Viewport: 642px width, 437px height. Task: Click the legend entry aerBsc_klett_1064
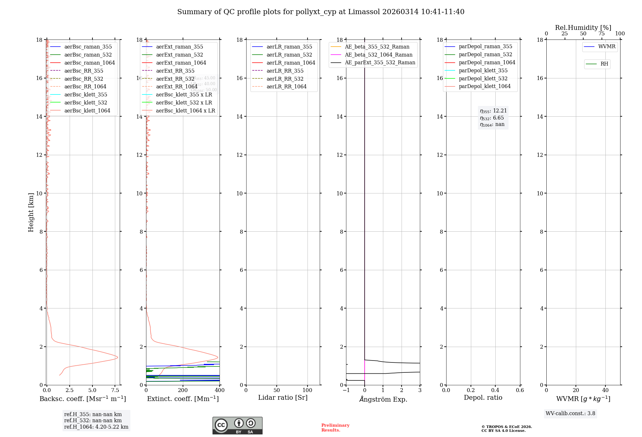pyautogui.click(x=87, y=111)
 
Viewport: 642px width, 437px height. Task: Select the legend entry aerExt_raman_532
pyautogui.click(x=179, y=55)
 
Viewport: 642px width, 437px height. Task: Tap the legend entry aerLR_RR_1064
pyautogui.click(x=286, y=86)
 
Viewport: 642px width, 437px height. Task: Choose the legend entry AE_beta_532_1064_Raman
pyautogui.click(x=378, y=55)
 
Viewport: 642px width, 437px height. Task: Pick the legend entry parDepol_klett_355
pyautogui.click(x=483, y=70)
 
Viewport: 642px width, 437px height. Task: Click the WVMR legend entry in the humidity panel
pyautogui.click(x=607, y=47)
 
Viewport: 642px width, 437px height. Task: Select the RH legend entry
pyautogui.click(x=604, y=64)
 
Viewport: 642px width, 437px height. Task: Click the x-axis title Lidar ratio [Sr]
pyautogui.click(x=282, y=397)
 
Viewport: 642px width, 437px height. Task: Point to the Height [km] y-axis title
pyautogui.click(x=31, y=212)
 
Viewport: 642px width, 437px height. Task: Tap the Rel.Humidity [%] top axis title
pyautogui.click(x=583, y=28)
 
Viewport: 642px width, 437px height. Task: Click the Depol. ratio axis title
pyautogui.click(x=483, y=397)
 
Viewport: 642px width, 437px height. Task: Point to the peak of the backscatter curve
pyautogui.click(x=117, y=357)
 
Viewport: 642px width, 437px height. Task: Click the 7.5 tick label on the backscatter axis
pyautogui.click(x=115, y=390)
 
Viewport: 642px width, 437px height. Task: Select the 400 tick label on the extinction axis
pyautogui.click(x=220, y=390)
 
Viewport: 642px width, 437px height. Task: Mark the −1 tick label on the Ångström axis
pyautogui.click(x=346, y=390)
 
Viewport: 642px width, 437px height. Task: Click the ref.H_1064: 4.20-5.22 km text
pyautogui.click(x=96, y=427)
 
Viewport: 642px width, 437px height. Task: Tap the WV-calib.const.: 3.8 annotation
pyautogui.click(x=570, y=414)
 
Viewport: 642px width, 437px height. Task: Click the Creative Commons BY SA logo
pyautogui.click(x=237, y=425)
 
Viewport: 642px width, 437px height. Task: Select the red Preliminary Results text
pyautogui.click(x=335, y=428)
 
